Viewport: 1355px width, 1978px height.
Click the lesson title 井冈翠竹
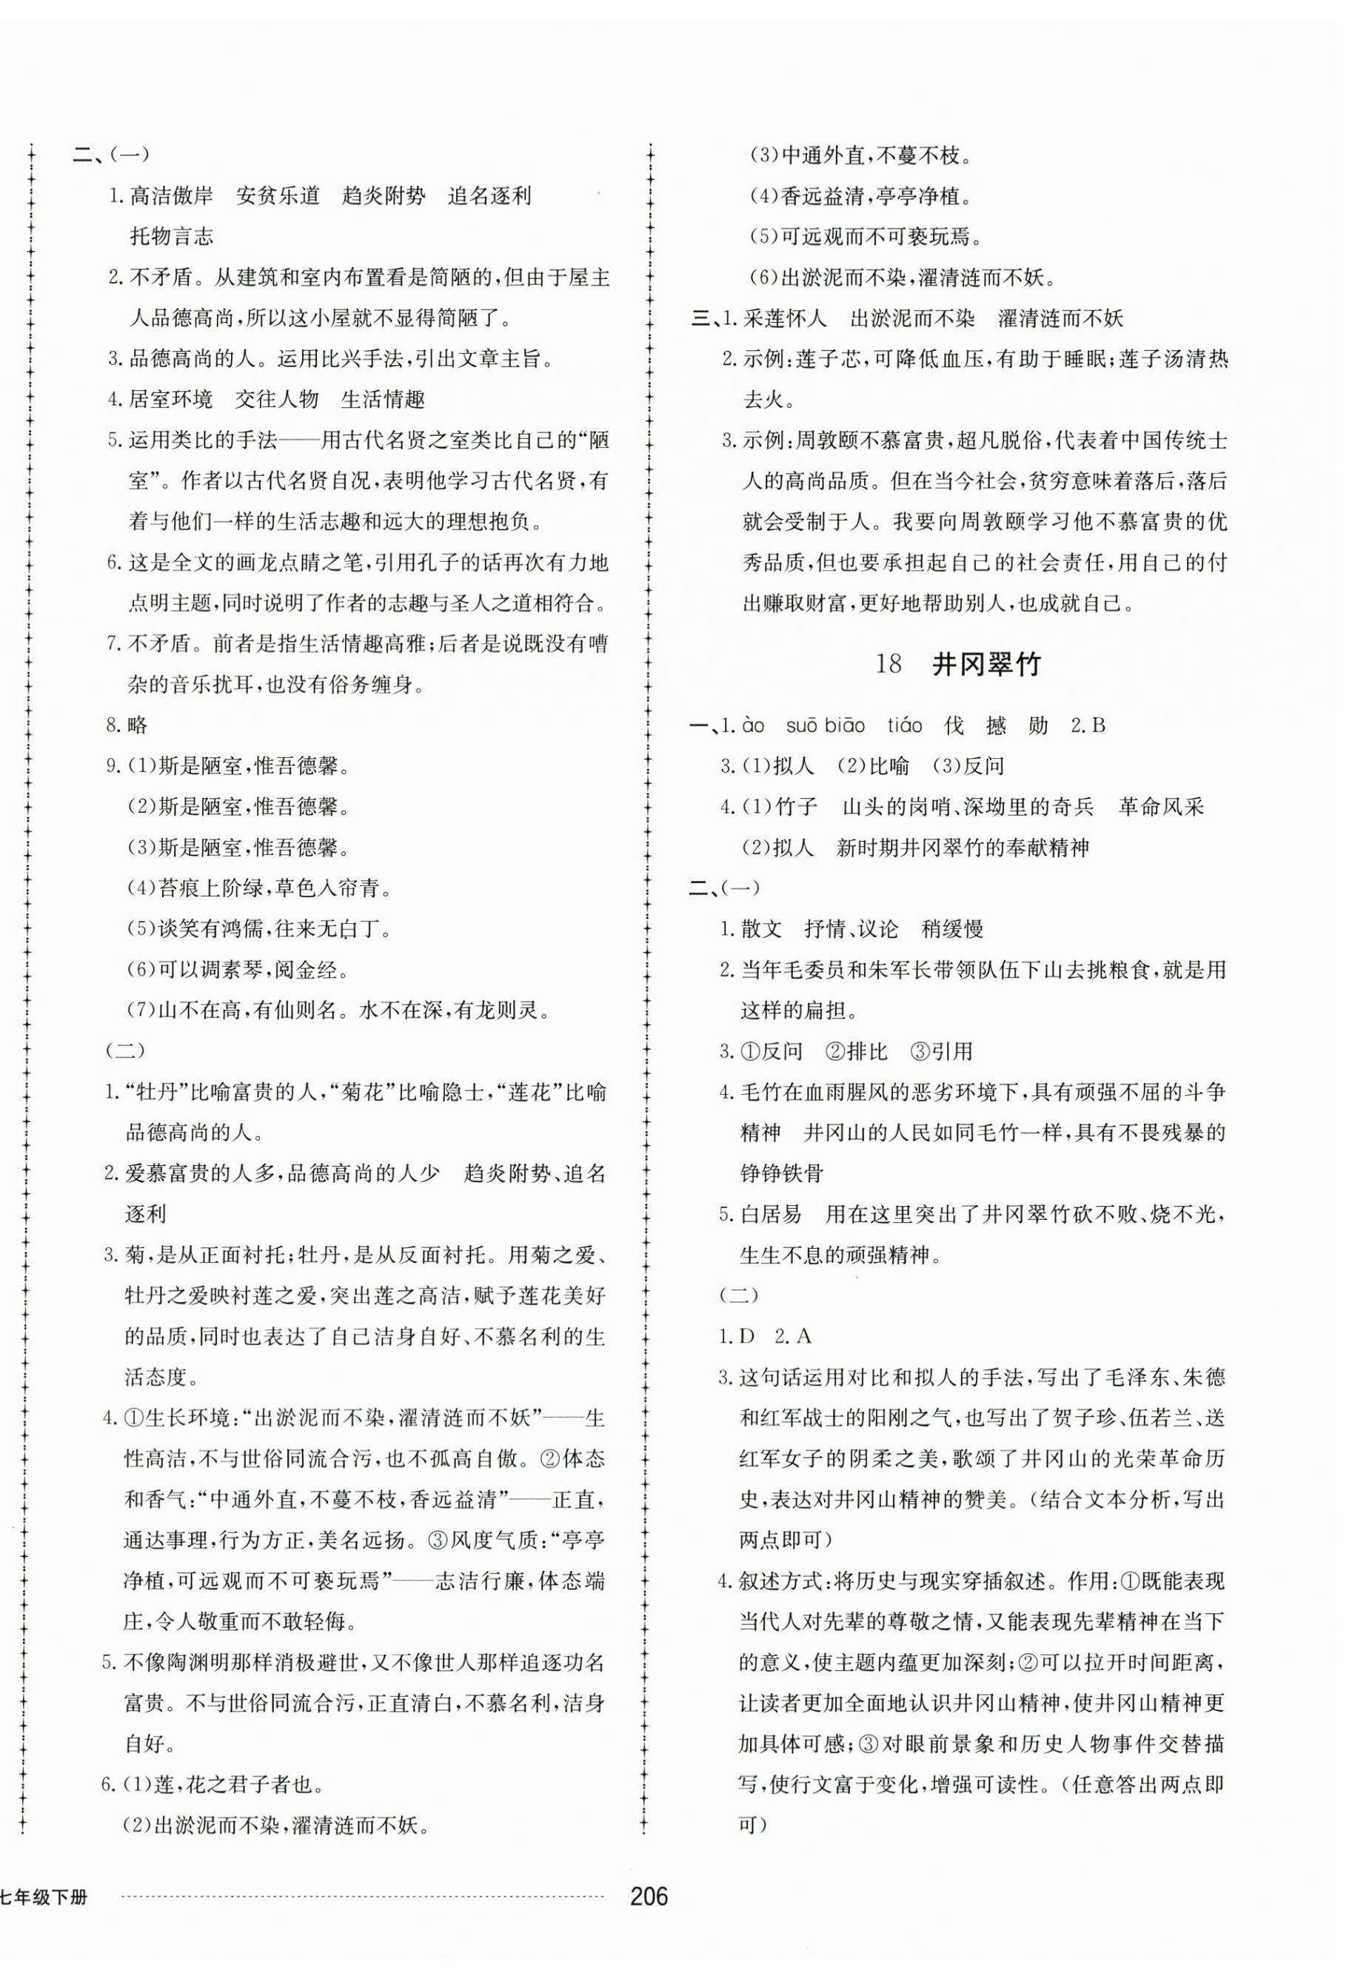(986, 665)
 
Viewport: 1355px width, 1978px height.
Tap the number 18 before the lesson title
(888, 665)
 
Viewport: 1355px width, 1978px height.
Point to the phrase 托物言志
(171, 237)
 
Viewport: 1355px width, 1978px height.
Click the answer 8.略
(127, 725)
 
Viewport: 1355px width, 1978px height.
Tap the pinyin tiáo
(904, 725)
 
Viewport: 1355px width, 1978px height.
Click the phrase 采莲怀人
(784, 318)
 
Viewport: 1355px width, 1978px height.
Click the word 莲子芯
(826, 359)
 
